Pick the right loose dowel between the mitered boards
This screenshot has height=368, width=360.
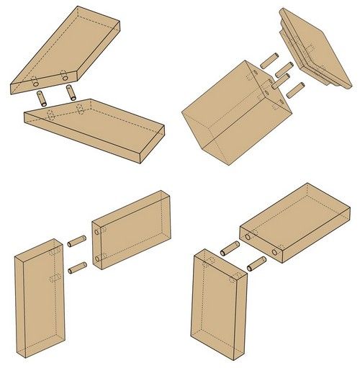70,91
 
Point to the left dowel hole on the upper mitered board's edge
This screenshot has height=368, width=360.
37,81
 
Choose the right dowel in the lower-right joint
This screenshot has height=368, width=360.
255,264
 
